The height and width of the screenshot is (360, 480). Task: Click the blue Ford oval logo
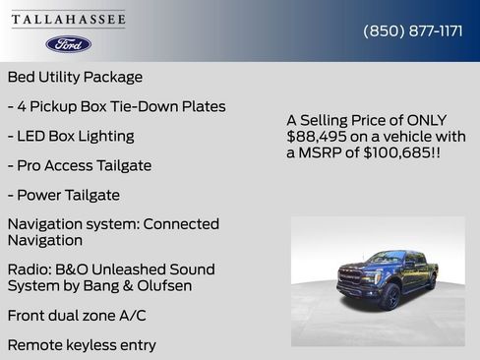click(x=69, y=44)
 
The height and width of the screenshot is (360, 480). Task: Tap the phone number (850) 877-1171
click(x=413, y=30)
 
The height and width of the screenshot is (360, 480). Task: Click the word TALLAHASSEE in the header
click(x=69, y=20)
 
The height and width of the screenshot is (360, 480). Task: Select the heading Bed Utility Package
click(x=75, y=77)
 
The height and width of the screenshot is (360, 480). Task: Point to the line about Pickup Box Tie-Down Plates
click(x=116, y=106)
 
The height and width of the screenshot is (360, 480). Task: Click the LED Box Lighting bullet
click(x=71, y=136)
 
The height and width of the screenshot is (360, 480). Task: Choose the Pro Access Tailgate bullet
click(x=79, y=165)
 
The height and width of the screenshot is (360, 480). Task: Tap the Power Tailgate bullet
click(x=63, y=195)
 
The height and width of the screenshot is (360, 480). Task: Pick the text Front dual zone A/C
click(x=76, y=316)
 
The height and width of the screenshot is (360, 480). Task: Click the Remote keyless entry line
click(x=81, y=345)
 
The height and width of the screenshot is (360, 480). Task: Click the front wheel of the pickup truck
click(x=390, y=296)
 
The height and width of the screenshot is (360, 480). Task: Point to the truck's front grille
click(x=351, y=277)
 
